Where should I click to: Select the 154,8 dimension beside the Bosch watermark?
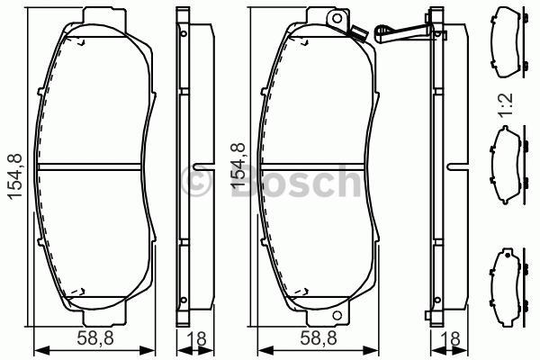pos(238,172)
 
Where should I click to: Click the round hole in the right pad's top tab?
pos(337,19)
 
